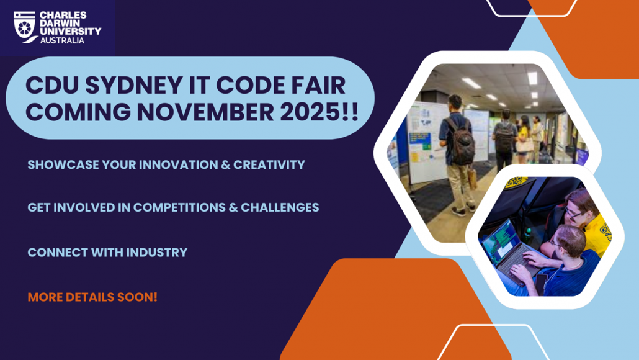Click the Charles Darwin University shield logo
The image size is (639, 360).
click(x=25, y=26)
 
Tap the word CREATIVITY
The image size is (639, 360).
click(x=269, y=165)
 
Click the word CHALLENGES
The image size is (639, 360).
click(x=280, y=207)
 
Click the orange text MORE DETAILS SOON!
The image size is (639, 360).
click(x=92, y=297)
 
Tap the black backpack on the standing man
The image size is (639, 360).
click(x=462, y=141)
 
